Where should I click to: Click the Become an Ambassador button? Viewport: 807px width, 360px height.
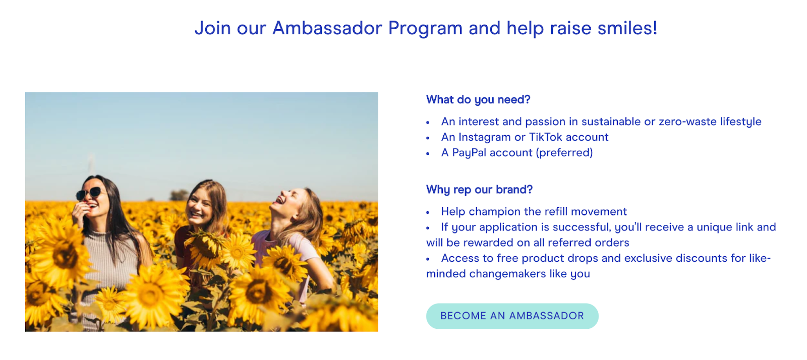click(512, 316)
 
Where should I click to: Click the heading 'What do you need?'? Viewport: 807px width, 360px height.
click(478, 100)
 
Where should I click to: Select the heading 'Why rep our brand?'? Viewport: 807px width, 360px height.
click(479, 190)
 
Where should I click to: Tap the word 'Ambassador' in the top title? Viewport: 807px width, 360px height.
click(327, 28)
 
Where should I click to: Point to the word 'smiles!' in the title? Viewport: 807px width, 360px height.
click(627, 28)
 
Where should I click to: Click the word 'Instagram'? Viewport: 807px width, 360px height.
click(484, 137)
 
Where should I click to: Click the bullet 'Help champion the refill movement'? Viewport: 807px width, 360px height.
click(534, 212)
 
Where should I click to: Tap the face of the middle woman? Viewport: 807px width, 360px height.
click(200, 206)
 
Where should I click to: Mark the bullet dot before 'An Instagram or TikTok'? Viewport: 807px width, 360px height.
click(428, 138)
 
